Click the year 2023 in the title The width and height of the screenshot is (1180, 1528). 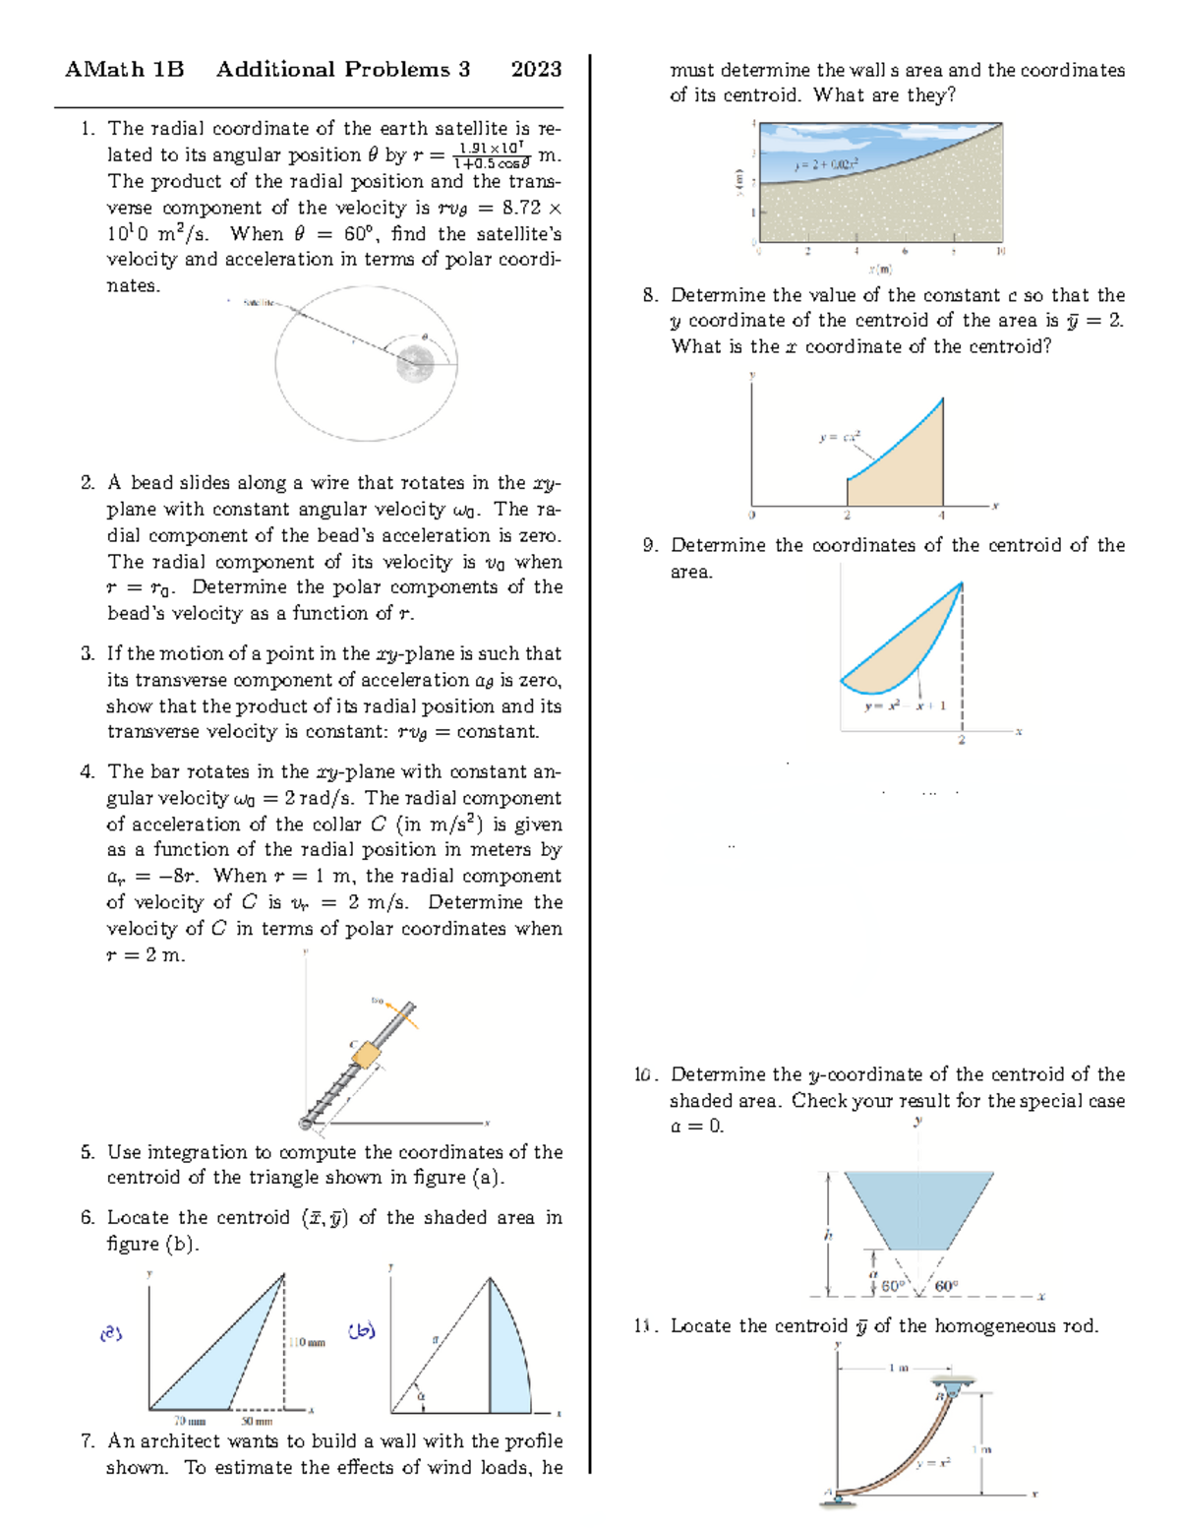(x=536, y=69)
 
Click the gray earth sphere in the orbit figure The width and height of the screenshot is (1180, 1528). (x=415, y=364)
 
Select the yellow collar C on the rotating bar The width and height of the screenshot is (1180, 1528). (x=366, y=1055)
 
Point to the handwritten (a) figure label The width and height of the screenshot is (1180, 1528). (x=111, y=1334)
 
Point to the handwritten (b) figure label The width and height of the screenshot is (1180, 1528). (x=361, y=1331)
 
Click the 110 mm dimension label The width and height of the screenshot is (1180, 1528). (x=308, y=1342)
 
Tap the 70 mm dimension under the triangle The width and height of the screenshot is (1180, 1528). (x=190, y=1421)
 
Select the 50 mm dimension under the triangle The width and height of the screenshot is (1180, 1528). (x=258, y=1421)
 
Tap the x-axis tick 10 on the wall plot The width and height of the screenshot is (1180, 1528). (x=1001, y=252)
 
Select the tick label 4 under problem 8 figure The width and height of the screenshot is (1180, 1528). (x=941, y=515)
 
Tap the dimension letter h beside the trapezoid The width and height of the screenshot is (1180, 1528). (x=828, y=1235)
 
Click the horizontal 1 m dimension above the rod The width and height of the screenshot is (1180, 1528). (x=898, y=1368)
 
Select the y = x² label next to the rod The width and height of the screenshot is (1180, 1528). (x=933, y=1463)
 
